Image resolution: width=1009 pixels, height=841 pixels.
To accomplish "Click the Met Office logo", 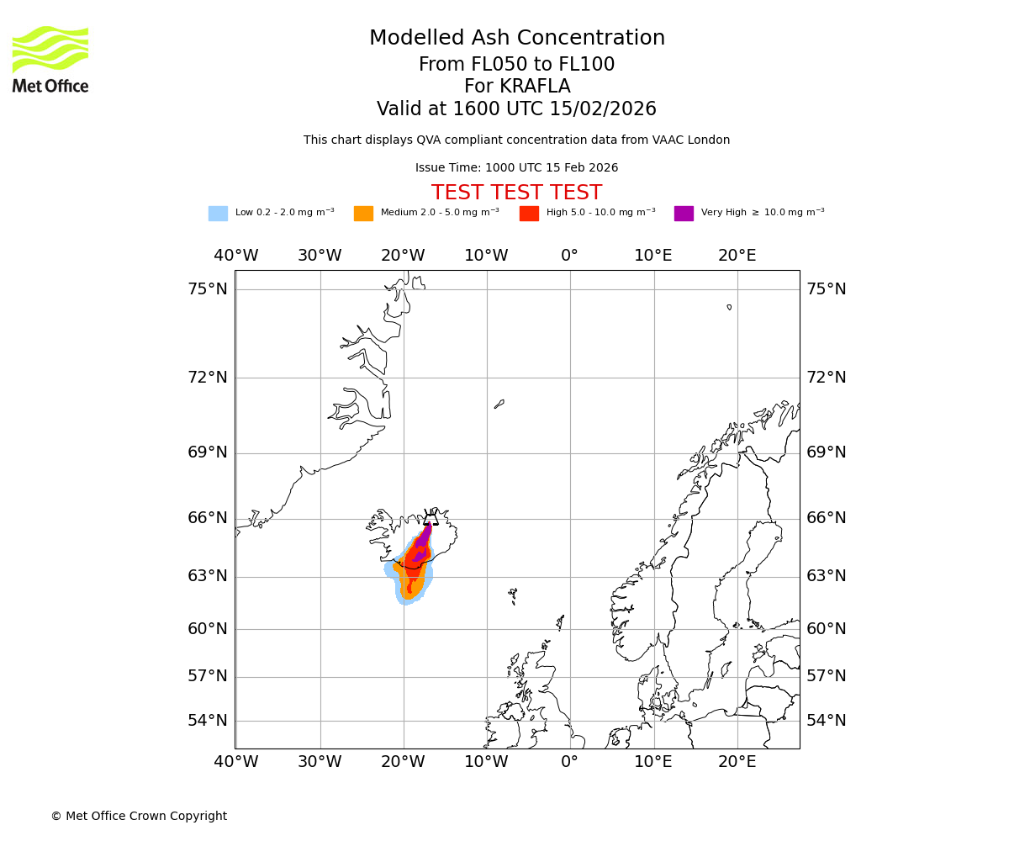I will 50,59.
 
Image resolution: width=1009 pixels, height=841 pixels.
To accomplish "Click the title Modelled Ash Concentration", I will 516,39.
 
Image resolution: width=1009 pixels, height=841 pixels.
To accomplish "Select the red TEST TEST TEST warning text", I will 516,193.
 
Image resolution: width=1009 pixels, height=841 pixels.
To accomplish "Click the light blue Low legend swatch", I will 218,214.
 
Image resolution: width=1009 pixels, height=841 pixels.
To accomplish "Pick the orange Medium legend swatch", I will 363,214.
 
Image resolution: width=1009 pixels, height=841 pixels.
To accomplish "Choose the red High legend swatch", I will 529,214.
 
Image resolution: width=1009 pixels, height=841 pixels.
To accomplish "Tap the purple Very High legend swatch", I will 684,214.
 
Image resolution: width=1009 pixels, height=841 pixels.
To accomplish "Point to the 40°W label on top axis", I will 235,256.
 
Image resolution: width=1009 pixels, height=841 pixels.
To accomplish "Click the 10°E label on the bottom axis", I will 652,762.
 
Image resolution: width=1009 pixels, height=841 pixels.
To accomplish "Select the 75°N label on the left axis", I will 207,289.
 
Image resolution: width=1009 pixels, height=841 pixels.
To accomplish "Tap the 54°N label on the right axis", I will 826,721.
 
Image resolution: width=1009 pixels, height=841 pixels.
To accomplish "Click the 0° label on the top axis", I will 569,256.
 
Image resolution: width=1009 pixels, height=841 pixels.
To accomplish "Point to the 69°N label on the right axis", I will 826,452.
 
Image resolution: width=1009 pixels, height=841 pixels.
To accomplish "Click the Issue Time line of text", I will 516,168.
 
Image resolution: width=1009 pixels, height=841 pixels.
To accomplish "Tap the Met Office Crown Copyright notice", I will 139,816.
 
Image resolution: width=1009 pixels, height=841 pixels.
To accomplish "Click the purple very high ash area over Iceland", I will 424,537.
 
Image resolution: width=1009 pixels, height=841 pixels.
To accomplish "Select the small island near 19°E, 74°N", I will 729,307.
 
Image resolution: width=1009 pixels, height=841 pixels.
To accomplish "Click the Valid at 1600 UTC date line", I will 516,109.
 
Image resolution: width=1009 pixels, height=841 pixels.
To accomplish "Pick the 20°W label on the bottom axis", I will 403,762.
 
